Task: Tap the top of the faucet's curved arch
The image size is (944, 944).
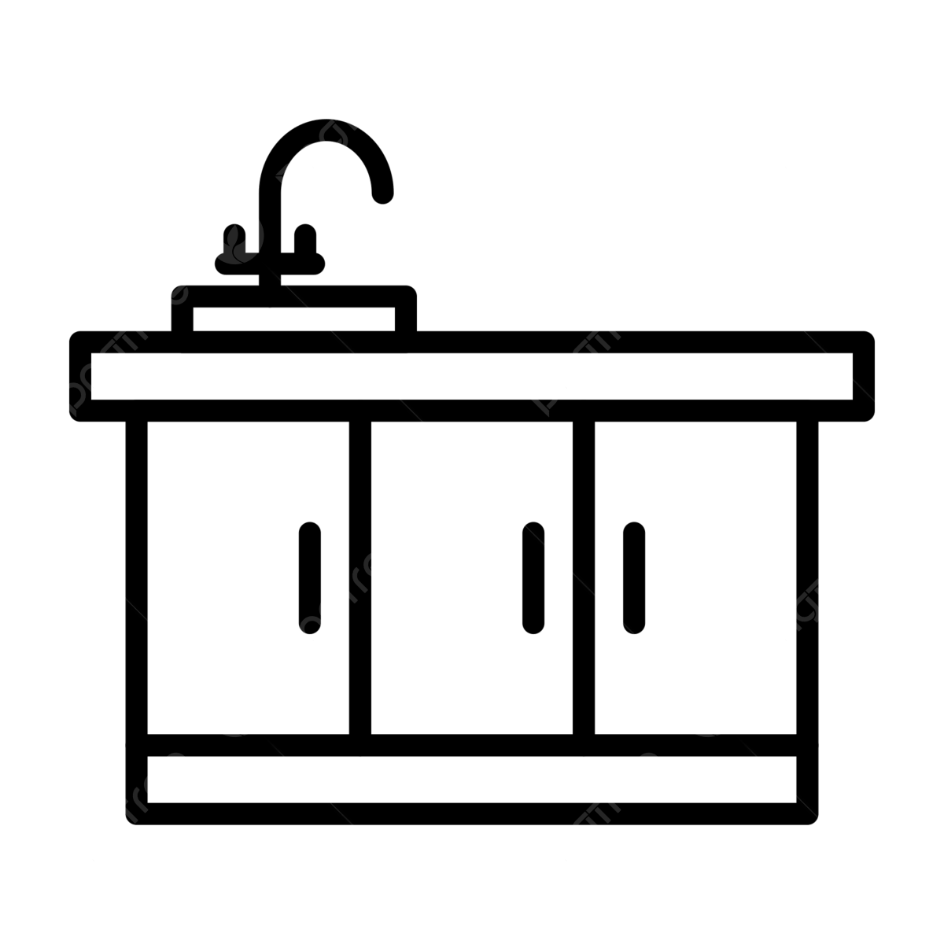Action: [x=323, y=130]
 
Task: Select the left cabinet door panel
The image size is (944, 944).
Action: [x=249, y=578]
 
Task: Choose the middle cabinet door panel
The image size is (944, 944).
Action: [x=472, y=578]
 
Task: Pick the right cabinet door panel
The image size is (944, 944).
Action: [x=695, y=578]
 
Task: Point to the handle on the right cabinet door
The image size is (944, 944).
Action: [x=633, y=577]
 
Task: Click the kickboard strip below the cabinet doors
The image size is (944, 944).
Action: [x=472, y=780]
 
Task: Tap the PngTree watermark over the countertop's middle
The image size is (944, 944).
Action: [x=595, y=346]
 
